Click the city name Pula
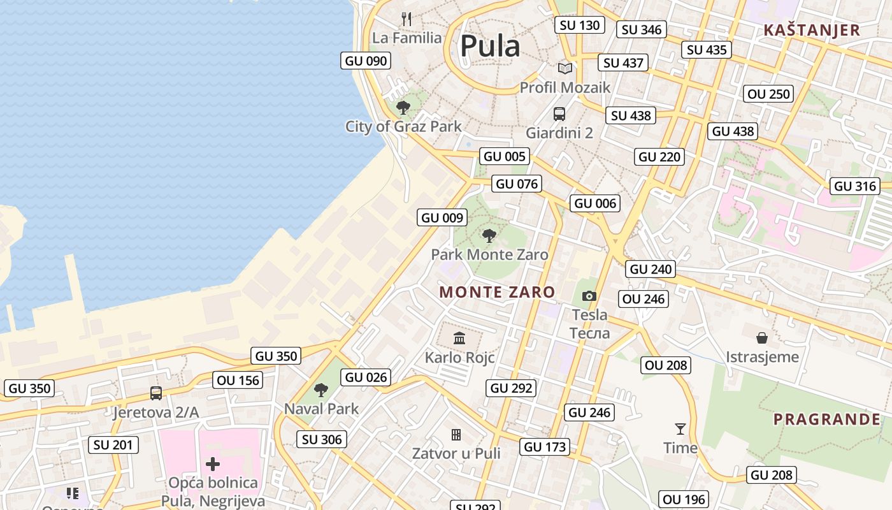tap(490, 47)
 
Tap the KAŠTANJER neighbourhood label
tap(811, 30)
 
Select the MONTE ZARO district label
tap(497, 292)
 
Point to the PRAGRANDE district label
tap(826, 419)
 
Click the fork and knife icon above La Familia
tap(406, 18)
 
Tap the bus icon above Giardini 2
tap(559, 114)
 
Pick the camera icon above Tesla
tap(589, 296)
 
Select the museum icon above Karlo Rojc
tap(459, 338)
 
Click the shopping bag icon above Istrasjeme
tap(762, 337)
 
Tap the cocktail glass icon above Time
tap(680, 429)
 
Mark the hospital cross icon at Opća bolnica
tap(213, 463)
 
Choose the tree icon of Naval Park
tap(321, 390)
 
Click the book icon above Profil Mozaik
tap(565, 68)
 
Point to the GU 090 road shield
tap(366, 61)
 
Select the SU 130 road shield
tap(579, 25)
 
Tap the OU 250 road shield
tap(768, 94)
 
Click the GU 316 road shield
tap(855, 186)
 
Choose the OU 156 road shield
tap(238, 381)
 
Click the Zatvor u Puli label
tap(456, 453)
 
